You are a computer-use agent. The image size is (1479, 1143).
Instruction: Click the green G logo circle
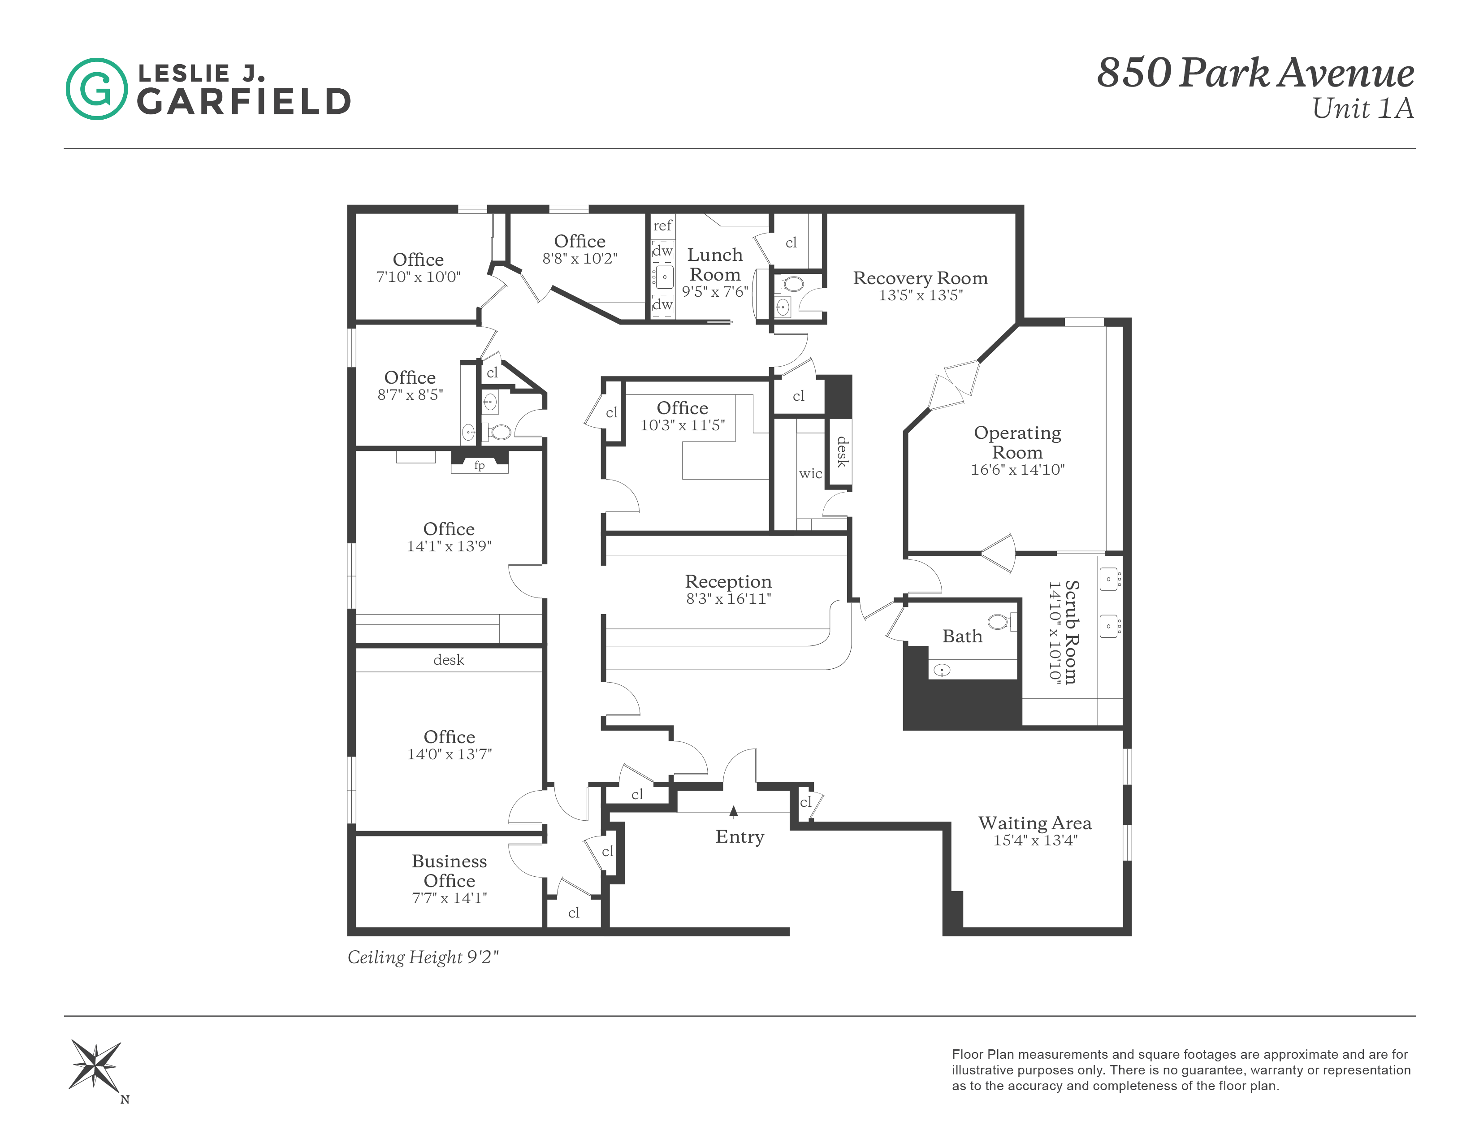(x=96, y=89)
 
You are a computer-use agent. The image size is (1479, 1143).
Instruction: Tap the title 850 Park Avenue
(x=1255, y=73)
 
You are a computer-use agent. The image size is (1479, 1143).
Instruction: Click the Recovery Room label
(x=920, y=278)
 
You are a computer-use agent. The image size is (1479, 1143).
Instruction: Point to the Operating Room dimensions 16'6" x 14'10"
(x=1017, y=470)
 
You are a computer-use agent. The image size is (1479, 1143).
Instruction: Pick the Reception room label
(x=728, y=582)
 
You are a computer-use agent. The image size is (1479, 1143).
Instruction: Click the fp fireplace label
(x=480, y=465)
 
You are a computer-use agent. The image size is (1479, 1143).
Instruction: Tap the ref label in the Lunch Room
(x=662, y=225)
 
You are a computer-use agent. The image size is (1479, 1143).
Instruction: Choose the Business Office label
(x=449, y=871)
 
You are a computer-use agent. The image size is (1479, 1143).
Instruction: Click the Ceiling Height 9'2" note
(x=423, y=957)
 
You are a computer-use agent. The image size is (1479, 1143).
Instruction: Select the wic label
(x=810, y=473)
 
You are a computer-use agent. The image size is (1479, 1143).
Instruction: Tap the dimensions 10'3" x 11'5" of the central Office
(x=682, y=425)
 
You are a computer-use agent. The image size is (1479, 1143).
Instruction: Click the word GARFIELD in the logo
(x=244, y=102)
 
